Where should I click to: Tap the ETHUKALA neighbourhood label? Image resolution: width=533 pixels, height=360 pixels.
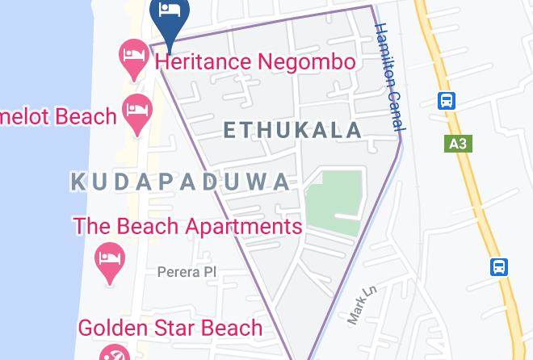(292, 130)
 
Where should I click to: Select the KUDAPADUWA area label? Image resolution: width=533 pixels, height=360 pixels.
(180, 182)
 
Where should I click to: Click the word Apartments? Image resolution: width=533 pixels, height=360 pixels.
(244, 226)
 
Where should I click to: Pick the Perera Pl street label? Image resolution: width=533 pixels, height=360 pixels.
(187, 272)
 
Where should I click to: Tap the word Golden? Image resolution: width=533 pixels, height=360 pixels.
(113, 328)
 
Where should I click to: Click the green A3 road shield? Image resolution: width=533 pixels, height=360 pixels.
(457, 144)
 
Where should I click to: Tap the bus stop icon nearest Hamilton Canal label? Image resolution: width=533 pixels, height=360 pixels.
(447, 101)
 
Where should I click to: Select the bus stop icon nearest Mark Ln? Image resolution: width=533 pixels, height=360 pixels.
(500, 267)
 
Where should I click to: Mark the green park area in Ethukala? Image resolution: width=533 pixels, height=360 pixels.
(334, 202)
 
